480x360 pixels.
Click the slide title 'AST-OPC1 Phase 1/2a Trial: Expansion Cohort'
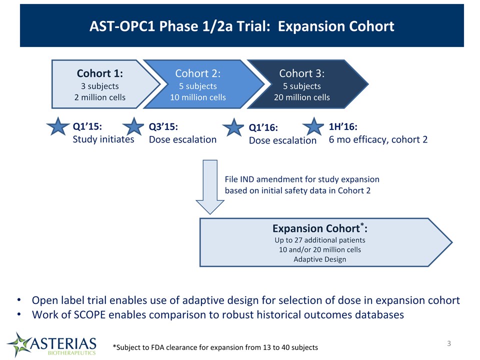[242, 26]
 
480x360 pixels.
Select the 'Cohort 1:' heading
[100, 73]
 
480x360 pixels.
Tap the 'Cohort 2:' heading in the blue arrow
[198, 73]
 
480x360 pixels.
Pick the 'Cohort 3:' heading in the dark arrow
[302, 73]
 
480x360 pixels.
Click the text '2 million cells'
[100, 97]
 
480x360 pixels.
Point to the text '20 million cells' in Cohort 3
[302, 97]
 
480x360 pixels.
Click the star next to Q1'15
[58, 126]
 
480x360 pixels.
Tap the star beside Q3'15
[133, 126]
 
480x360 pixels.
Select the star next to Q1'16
[233, 127]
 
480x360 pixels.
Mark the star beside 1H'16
[313, 126]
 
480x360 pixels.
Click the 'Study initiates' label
[103, 139]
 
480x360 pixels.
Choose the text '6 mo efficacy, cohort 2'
[378, 139]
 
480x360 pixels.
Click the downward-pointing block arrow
[210, 186]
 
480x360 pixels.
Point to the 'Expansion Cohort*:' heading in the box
[320, 228]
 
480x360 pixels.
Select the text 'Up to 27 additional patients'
[320, 240]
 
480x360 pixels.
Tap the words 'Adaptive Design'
[320, 259]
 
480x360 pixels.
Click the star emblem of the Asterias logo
[19, 344]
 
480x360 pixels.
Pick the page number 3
[449, 343]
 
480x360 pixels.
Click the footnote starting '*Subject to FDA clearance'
[215, 347]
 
